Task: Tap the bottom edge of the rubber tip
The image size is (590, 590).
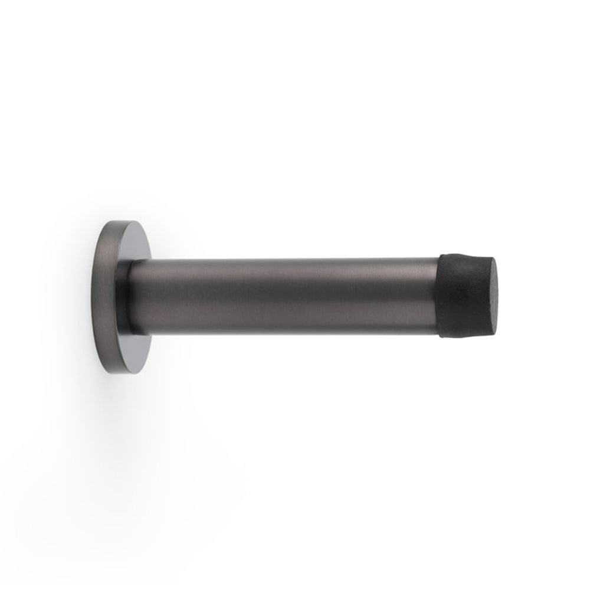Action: pos(466,336)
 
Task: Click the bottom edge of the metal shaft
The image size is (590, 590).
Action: pos(283,333)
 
